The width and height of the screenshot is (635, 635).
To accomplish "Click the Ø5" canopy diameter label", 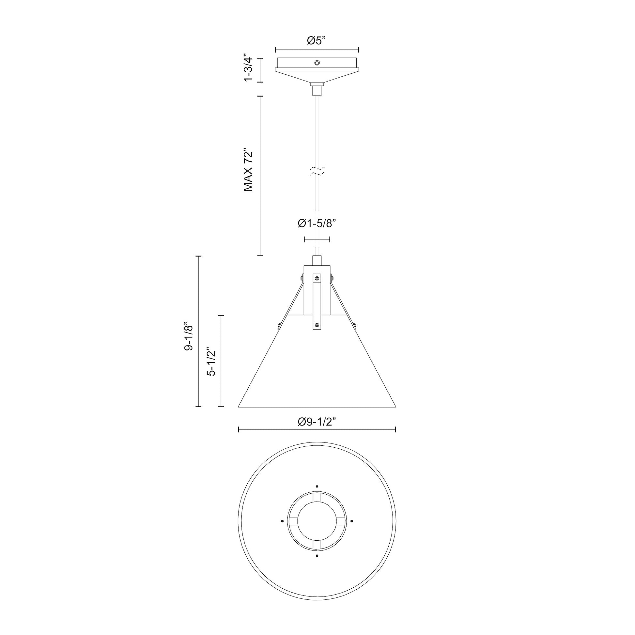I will pos(316,40).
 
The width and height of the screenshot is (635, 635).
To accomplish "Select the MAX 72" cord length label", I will pos(248,171).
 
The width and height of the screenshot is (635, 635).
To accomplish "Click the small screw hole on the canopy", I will pos(317,63).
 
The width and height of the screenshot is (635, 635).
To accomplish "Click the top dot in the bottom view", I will pos(317,495).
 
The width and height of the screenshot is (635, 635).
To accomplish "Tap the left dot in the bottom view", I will pos(282,530).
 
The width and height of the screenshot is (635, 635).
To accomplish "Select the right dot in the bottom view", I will pos(352,530).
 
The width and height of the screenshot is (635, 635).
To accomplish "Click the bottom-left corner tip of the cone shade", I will pos(239,407).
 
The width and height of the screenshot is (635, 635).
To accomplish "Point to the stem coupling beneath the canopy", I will pos(317,89).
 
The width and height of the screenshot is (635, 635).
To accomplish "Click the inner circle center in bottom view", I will pos(317,530).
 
